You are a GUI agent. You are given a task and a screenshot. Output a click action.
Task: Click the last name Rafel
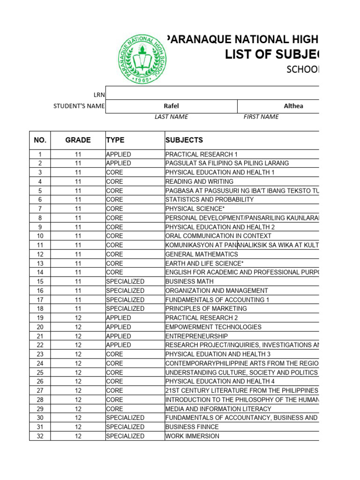pos(172,106)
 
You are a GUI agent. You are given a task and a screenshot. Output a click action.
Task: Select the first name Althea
pos(293,106)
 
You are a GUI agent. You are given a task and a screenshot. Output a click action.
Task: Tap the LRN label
pos(99,95)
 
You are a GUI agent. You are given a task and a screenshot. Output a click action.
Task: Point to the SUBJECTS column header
pos(184,140)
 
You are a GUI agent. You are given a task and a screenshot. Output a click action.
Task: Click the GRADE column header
pos(78,140)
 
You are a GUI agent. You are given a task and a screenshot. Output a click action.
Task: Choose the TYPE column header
pos(115,140)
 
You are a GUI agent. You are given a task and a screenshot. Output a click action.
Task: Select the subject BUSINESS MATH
pos(189,281)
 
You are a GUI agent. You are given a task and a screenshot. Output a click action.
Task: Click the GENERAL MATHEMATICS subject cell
pos(202,254)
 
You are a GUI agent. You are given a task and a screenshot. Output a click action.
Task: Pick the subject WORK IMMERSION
pos(192,436)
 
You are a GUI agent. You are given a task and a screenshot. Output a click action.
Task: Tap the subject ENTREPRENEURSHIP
pos(197,336)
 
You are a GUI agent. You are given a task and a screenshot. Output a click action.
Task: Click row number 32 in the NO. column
pos(40,436)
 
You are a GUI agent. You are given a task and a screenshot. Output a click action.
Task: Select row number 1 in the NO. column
pos(40,154)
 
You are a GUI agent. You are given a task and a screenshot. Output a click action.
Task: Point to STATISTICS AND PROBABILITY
pos(210,200)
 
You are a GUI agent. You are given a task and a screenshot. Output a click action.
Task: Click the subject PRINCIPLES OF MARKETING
pos(206,308)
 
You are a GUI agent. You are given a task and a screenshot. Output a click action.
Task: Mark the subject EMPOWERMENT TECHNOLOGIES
pos(213,327)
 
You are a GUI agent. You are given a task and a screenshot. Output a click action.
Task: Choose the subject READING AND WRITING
pos(199,181)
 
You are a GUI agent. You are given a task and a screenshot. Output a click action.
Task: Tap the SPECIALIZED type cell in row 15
pos(125,281)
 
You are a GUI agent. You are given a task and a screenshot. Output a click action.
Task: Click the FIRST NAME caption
pos(261,117)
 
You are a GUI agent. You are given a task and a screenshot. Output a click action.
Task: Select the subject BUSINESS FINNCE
pos(192,427)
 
